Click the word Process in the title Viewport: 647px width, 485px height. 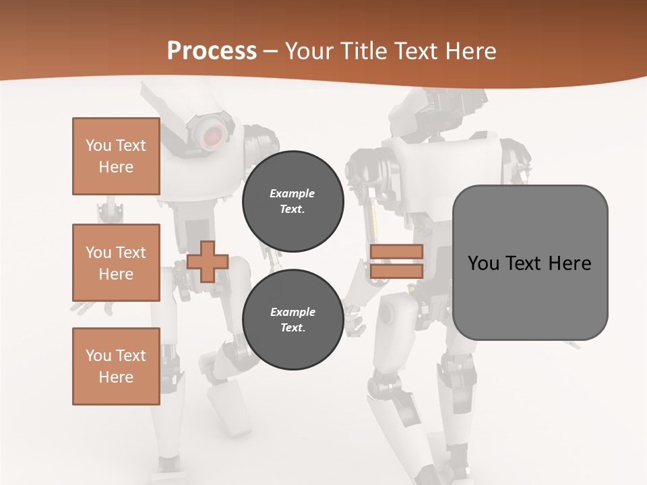pos(212,51)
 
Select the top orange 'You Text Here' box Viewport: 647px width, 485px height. pos(116,156)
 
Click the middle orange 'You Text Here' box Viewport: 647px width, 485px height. pos(116,263)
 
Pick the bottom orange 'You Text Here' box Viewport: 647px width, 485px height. pos(116,366)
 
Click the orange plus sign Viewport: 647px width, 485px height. pos(208,261)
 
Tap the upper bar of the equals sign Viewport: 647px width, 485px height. pos(396,251)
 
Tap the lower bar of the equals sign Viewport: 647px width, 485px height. pos(396,271)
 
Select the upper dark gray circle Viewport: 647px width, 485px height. pos(292,201)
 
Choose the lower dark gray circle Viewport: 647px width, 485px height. pos(292,319)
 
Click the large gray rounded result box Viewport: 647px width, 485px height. pos(530,263)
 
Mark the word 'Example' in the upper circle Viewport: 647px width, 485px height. pos(292,193)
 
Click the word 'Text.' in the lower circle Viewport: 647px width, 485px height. pos(292,328)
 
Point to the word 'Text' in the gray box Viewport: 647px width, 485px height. pos(526,263)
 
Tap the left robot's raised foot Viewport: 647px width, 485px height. pos(229,408)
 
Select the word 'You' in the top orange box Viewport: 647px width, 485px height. pos(98,145)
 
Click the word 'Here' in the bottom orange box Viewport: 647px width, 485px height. pos(116,377)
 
